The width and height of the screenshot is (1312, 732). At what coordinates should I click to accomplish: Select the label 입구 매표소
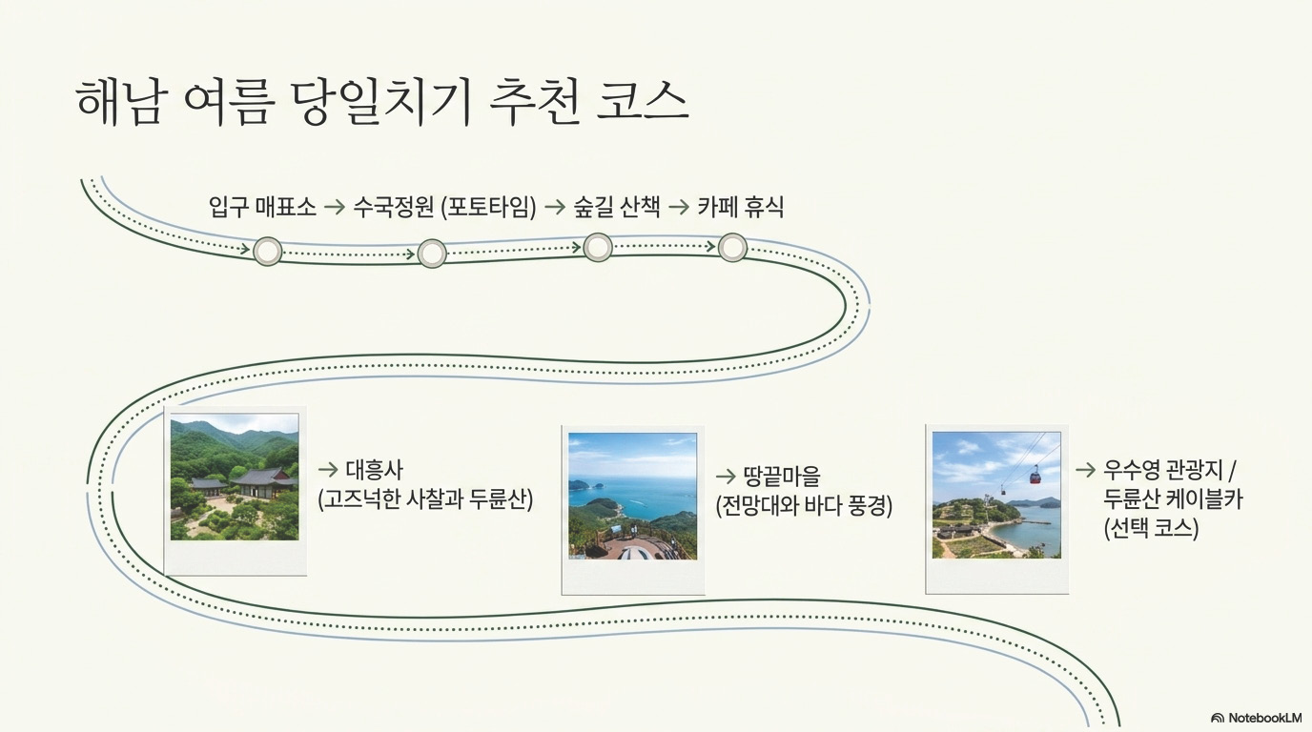point(262,207)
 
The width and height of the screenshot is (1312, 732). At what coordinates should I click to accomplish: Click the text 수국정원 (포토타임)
point(444,207)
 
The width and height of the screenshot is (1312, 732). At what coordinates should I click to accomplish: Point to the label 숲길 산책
point(617,207)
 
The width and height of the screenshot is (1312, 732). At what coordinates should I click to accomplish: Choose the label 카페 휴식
point(740,207)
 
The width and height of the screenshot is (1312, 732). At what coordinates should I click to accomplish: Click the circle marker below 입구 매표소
point(268,252)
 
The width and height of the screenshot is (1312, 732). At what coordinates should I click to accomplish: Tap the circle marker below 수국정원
point(432,254)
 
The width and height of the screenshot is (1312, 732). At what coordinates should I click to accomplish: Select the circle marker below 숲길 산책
point(598,247)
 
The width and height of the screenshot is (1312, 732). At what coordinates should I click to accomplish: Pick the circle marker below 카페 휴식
point(732,248)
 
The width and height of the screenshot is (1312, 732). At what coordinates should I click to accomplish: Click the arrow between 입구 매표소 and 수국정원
point(335,207)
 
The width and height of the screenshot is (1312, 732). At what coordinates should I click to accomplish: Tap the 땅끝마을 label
point(782,477)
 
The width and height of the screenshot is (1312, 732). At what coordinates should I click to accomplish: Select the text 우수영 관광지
point(1163,470)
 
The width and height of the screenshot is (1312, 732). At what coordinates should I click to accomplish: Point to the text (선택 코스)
point(1152,529)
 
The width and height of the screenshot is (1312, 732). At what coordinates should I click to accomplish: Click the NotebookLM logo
point(1256,718)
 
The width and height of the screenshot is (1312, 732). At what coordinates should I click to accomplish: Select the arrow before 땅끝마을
point(726,477)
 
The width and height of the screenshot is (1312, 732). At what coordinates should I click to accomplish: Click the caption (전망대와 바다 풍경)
point(804,506)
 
